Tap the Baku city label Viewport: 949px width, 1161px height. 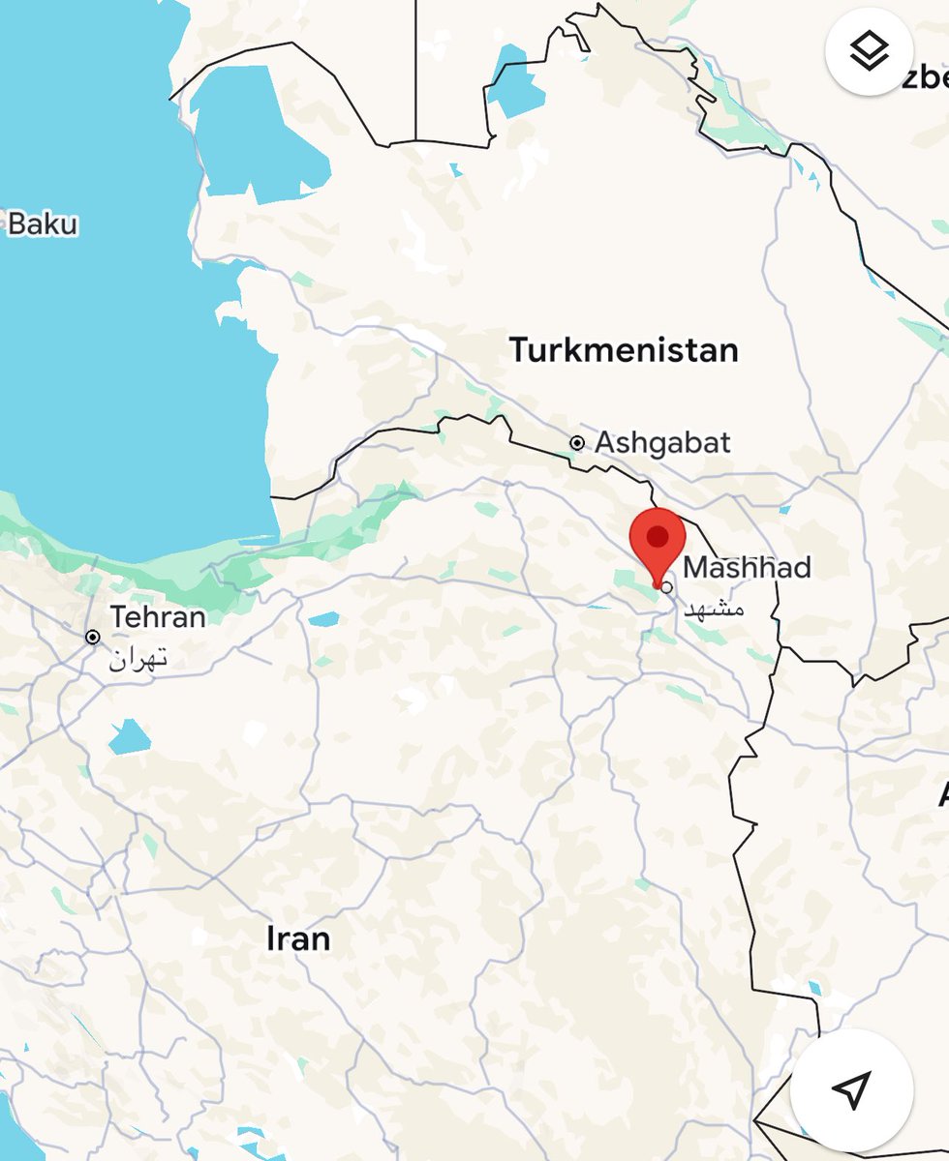pyautogui.click(x=42, y=224)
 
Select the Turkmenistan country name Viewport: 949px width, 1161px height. pyautogui.click(x=624, y=349)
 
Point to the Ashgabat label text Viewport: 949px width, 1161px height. pyautogui.click(x=662, y=442)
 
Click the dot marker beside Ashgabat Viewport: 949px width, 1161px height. pyautogui.click(x=577, y=443)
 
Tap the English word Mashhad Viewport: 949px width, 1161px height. pyautogui.click(x=748, y=567)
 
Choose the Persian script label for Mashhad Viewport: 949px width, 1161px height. pyautogui.click(x=714, y=610)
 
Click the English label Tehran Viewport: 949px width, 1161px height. pyautogui.click(x=158, y=616)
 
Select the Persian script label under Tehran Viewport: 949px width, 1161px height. pyautogui.click(x=138, y=660)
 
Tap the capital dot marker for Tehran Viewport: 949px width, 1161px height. pyautogui.click(x=93, y=638)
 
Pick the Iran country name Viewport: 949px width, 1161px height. pyautogui.click(x=298, y=938)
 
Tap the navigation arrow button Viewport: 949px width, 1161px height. pyautogui.click(x=851, y=1089)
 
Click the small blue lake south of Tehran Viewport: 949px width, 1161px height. pyautogui.click(x=130, y=736)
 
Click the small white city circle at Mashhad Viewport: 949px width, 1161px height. pyautogui.click(x=666, y=586)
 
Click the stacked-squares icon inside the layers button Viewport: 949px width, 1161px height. pyautogui.click(x=870, y=51)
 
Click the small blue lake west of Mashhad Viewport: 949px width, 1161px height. pyautogui.click(x=324, y=619)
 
